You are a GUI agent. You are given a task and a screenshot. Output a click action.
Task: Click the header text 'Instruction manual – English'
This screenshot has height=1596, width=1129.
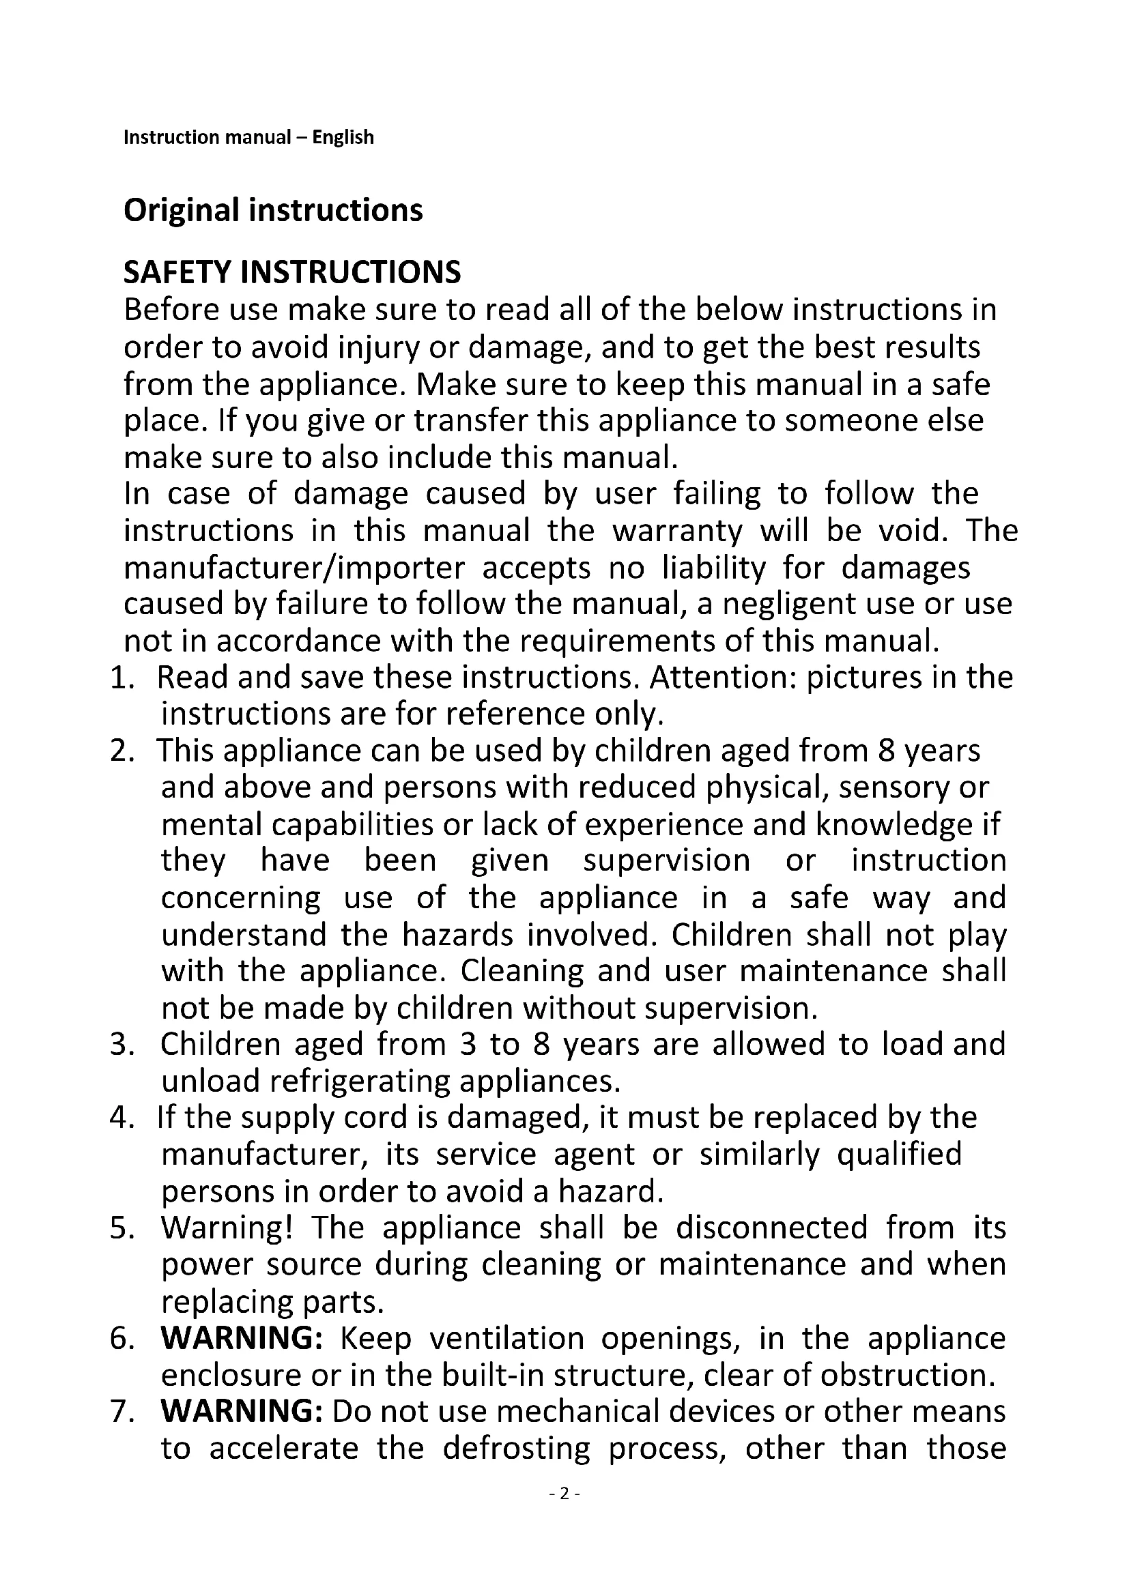tap(248, 137)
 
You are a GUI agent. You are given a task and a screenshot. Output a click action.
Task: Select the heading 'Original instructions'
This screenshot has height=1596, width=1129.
tap(272, 210)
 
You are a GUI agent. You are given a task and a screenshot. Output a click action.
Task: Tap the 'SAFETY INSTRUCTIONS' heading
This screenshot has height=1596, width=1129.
tap(292, 272)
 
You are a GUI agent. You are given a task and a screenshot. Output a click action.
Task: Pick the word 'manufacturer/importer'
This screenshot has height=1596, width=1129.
tap(294, 568)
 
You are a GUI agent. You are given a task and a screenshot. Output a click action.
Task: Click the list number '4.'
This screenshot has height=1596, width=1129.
tap(122, 1118)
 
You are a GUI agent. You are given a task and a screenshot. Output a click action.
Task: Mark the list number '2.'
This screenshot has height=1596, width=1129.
tap(122, 751)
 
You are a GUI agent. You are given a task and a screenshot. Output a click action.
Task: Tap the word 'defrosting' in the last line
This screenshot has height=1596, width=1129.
tap(516, 1448)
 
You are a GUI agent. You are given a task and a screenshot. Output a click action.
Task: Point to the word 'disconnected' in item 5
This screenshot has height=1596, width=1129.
tap(772, 1228)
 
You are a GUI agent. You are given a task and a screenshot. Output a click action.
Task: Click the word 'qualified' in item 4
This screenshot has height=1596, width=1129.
tap(900, 1155)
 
